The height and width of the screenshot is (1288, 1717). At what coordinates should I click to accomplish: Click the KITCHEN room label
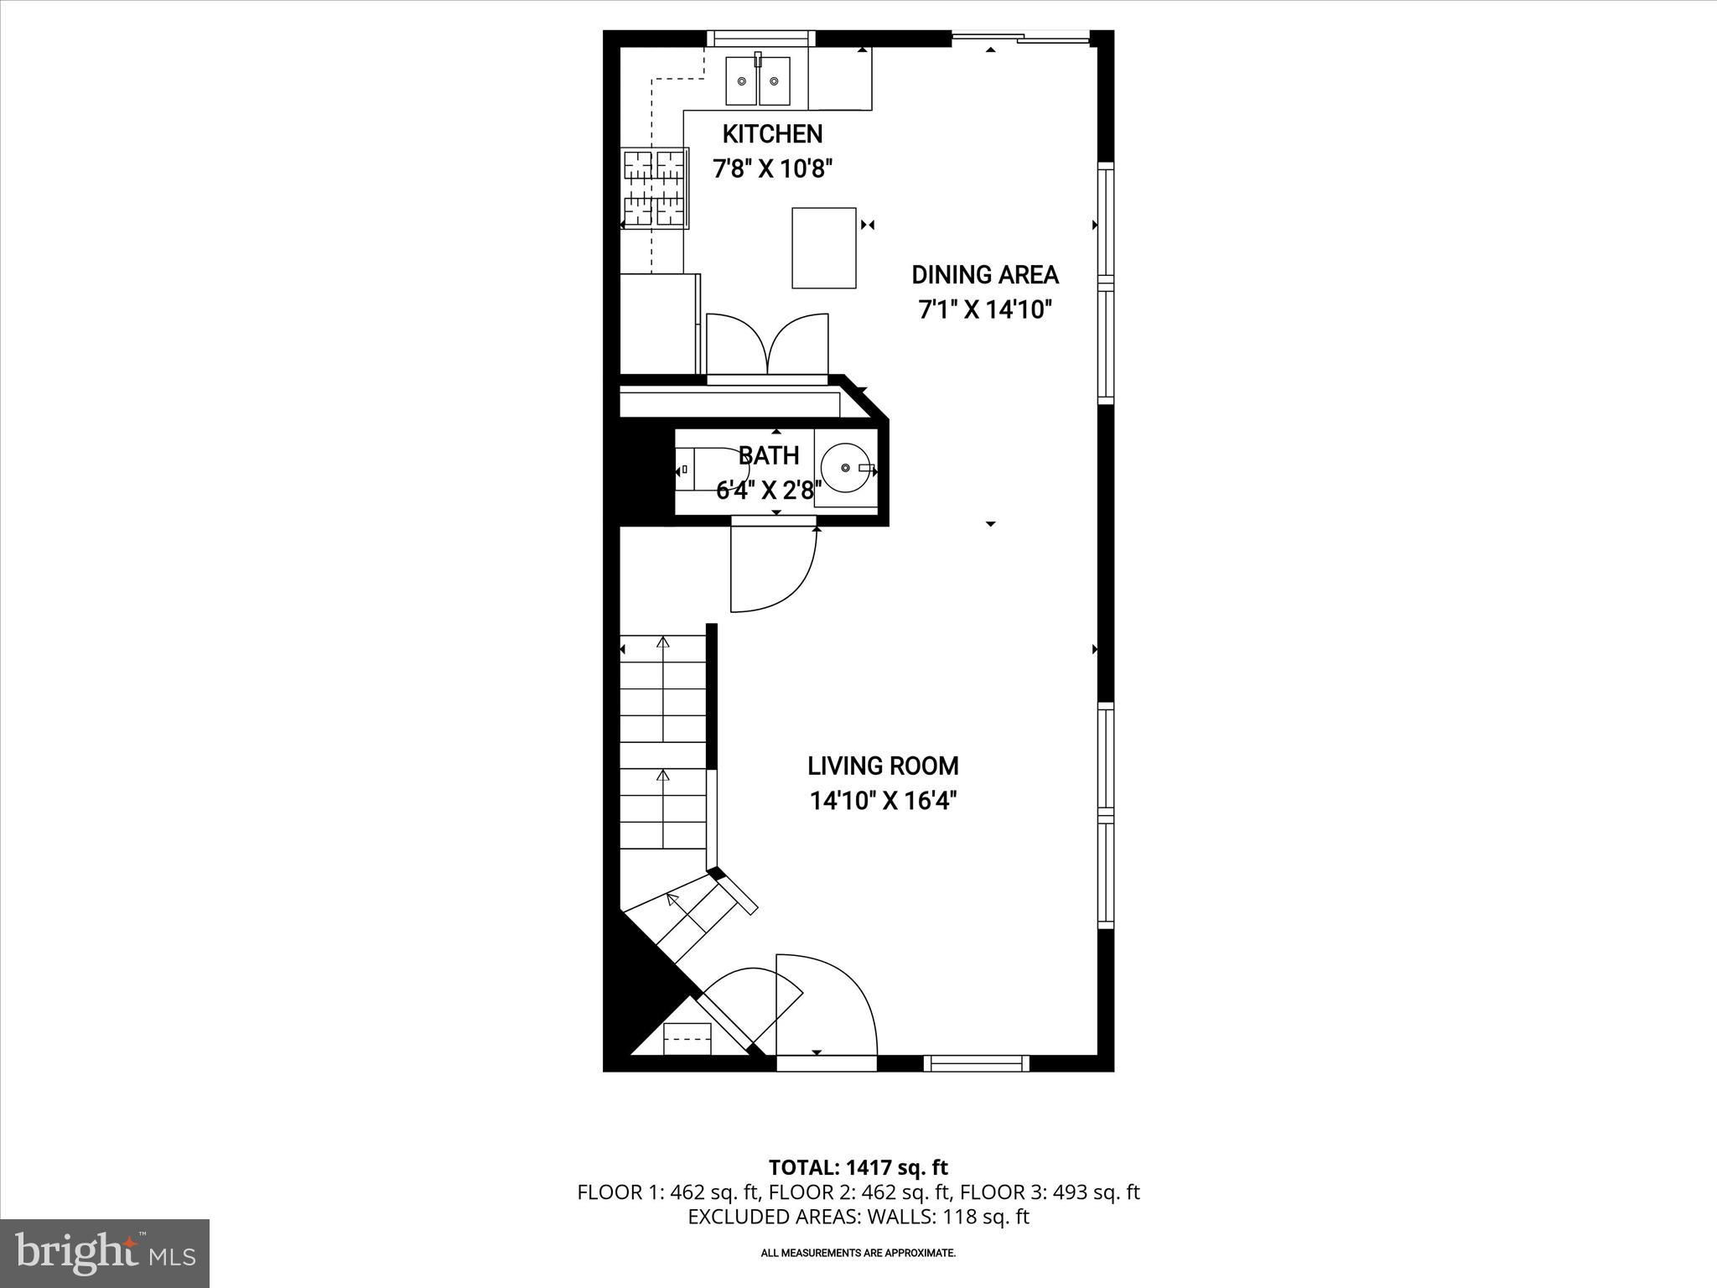tap(772, 134)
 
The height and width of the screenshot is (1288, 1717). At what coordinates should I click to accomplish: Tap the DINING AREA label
tap(985, 275)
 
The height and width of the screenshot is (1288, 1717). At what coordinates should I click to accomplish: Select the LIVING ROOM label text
tap(883, 766)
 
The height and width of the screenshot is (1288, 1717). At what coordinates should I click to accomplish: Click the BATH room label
tap(769, 456)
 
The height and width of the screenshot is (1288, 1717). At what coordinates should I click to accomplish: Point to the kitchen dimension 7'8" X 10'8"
tap(772, 169)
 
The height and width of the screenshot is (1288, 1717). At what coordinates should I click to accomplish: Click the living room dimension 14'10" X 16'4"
tap(883, 802)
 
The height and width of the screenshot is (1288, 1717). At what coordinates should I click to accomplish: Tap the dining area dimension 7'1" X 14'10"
tap(985, 310)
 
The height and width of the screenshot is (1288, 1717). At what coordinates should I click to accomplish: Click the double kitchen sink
tap(758, 80)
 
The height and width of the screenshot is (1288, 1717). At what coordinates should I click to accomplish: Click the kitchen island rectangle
tap(824, 248)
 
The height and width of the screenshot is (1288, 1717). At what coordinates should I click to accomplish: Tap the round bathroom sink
tap(845, 467)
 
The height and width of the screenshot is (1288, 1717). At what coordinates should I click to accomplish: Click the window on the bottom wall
tap(976, 1063)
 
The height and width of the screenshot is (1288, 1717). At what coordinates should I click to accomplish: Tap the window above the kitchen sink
tap(761, 39)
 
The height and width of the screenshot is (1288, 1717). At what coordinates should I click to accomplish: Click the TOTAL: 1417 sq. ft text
tap(858, 1167)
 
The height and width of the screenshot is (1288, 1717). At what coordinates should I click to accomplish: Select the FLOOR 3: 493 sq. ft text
tap(1050, 1192)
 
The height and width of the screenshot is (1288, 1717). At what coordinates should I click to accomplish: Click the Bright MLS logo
tap(106, 1254)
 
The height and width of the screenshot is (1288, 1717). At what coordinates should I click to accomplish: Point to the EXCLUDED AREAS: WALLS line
tap(858, 1217)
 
